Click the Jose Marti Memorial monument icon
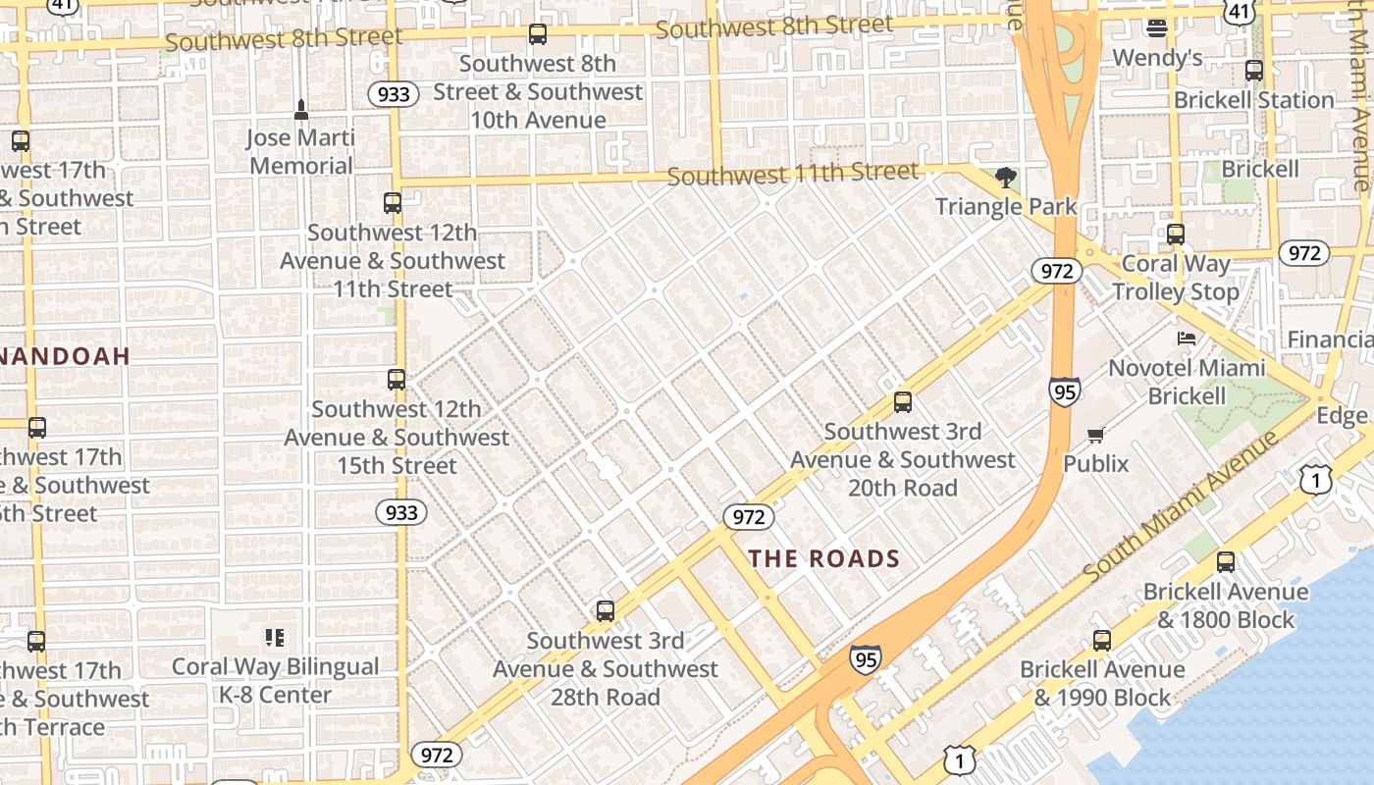pos(301,108)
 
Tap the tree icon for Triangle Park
pos(1005,178)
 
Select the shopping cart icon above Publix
pos(1095,435)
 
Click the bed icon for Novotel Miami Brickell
pos(1187,339)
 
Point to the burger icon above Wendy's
pos(1157,28)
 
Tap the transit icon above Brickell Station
pos(1253,71)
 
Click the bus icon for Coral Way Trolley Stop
pos(1176,235)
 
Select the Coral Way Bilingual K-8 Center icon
pos(275,638)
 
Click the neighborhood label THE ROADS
pos(824,559)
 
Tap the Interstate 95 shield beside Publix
pos(1064,392)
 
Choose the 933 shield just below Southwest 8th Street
pos(394,94)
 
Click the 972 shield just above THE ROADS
pos(748,516)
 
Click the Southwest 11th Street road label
pos(793,174)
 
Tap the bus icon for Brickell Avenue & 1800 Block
pos(1225,562)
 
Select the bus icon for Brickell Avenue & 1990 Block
pos(1102,641)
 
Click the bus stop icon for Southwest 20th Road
pos(903,402)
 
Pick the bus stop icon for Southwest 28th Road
pos(606,611)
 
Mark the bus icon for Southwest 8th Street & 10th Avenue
pos(537,34)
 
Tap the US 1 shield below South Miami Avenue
pos(1315,479)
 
